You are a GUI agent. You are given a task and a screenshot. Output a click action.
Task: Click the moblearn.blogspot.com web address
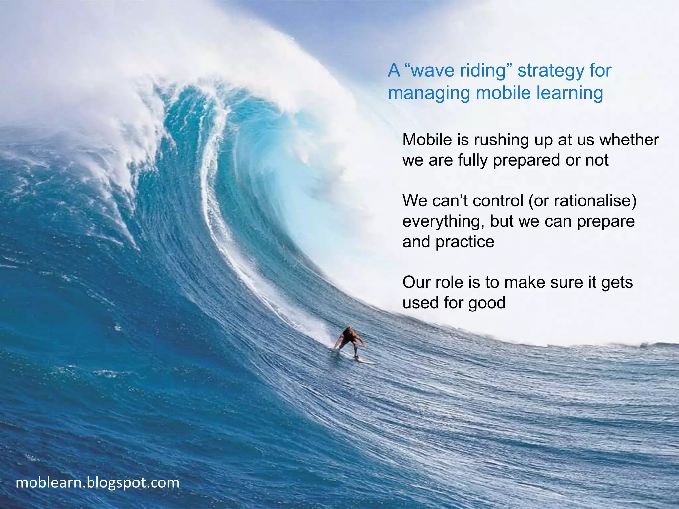click(x=97, y=482)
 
